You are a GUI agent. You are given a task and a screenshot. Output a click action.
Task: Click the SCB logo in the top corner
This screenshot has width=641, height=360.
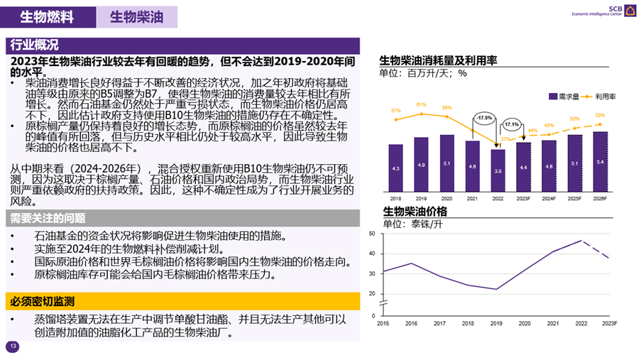[628, 9]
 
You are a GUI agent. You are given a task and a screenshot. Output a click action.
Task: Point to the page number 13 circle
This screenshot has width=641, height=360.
[12, 347]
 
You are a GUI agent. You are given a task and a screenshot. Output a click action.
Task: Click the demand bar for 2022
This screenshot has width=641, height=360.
[498, 170]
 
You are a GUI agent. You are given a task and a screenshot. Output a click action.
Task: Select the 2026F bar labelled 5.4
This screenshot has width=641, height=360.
[600, 162]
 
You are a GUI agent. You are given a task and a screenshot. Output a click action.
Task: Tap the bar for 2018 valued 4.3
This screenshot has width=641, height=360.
[395, 168]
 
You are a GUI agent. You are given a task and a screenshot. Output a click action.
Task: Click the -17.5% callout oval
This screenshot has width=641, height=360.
[484, 118]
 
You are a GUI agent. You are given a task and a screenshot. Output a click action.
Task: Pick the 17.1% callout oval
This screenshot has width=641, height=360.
[510, 124]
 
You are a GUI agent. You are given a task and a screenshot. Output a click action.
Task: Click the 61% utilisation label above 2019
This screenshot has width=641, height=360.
[421, 104]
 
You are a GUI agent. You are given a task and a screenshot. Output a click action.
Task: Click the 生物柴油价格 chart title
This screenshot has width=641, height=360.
[415, 212]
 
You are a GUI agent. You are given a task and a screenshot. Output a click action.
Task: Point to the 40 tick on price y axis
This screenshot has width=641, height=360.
[372, 253]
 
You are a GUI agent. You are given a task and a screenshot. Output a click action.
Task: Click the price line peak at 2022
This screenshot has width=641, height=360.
[582, 241]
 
